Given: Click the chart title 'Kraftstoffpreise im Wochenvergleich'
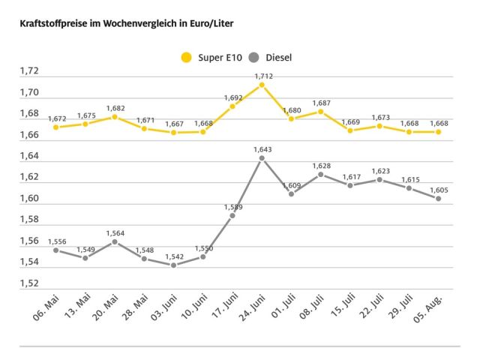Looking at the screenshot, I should [x=121, y=24].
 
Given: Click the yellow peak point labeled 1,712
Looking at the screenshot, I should [x=262, y=85].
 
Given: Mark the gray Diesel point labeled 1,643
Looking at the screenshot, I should [x=262, y=158].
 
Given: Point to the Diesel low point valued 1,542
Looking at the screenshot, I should [x=173, y=265].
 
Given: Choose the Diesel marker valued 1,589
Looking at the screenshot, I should [x=232, y=215].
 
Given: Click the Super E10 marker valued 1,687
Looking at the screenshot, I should [x=321, y=111].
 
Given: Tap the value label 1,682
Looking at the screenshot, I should [x=115, y=108].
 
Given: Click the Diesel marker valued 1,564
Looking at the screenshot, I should [x=115, y=241].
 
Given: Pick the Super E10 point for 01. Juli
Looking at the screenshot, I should [x=291, y=118].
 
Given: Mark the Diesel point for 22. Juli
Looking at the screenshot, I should [x=379, y=179].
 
